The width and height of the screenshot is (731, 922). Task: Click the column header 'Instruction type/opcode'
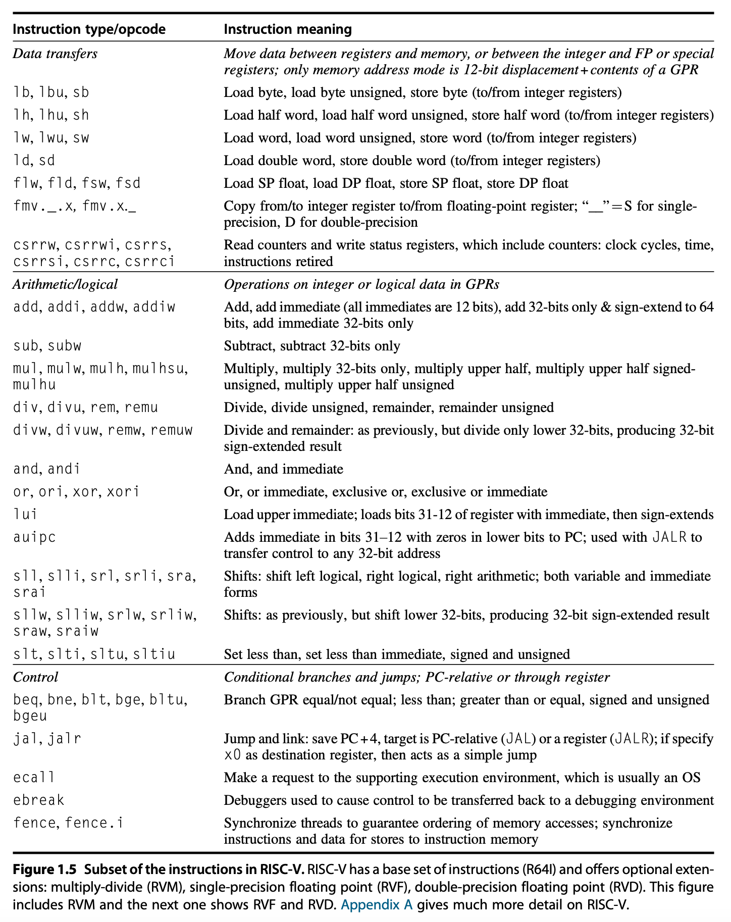click(x=89, y=29)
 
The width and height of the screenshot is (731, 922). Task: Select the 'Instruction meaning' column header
click(x=287, y=29)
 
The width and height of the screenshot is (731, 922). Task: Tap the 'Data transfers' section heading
click(x=55, y=54)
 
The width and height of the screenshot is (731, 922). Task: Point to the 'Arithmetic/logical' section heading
click(x=65, y=284)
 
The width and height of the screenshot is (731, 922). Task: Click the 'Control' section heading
click(x=35, y=677)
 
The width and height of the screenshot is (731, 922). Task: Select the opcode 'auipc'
click(x=34, y=537)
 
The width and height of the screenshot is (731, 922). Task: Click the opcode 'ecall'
click(x=34, y=778)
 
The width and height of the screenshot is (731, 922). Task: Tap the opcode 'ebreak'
click(x=39, y=800)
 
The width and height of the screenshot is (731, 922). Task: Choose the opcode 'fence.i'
click(x=94, y=823)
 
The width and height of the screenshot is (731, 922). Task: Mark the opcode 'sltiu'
click(x=154, y=654)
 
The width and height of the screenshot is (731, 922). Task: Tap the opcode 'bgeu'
click(x=30, y=715)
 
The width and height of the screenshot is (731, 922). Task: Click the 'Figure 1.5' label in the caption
click(x=44, y=870)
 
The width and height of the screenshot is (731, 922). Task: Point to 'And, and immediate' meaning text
click(x=283, y=469)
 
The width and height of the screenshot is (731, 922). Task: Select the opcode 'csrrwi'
click(x=90, y=245)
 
